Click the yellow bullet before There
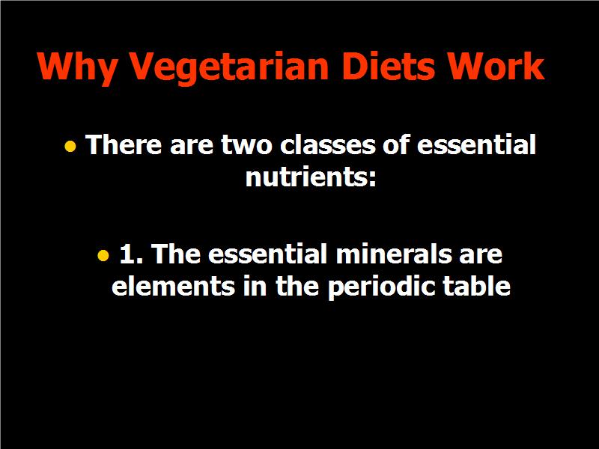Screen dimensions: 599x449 pos(70,146)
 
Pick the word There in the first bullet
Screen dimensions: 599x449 pos(124,144)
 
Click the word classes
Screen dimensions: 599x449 pos(328,144)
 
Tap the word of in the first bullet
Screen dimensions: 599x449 pos(395,144)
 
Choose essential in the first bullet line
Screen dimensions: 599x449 pos(476,144)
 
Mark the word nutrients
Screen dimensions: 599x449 pos(311,177)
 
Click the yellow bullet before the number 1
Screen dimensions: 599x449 pos(103,255)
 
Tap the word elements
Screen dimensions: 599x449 pos(173,286)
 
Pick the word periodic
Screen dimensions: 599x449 pos(381,287)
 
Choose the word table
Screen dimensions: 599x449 pos(476,286)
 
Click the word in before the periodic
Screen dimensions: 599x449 pos(255,286)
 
